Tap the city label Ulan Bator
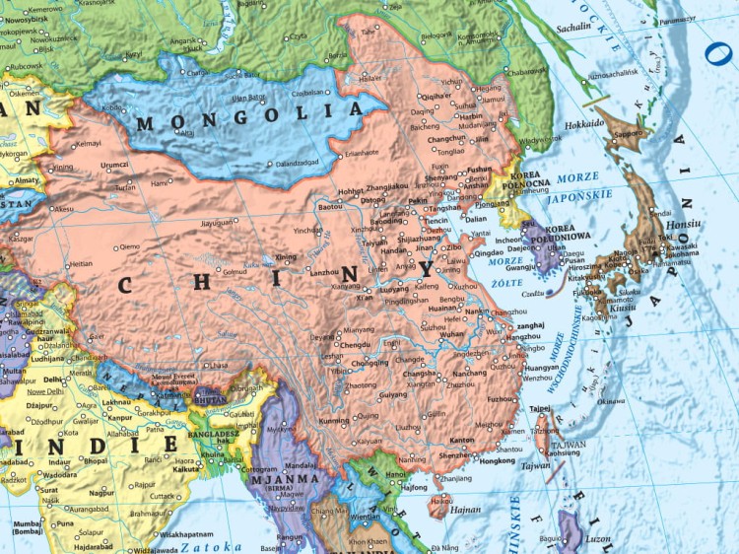pyautogui.click(x=247, y=98)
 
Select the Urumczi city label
pyautogui.click(x=114, y=165)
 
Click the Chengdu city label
pyautogui.click(x=354, y=346)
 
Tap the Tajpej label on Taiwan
pyautogui.click(x=540, y=407)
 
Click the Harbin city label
pyautogui.click(x=471, y=115)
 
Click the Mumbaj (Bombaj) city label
pyautogui.click(x=28, y=528)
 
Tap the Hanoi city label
pyautogui.click(x=395, y=473)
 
